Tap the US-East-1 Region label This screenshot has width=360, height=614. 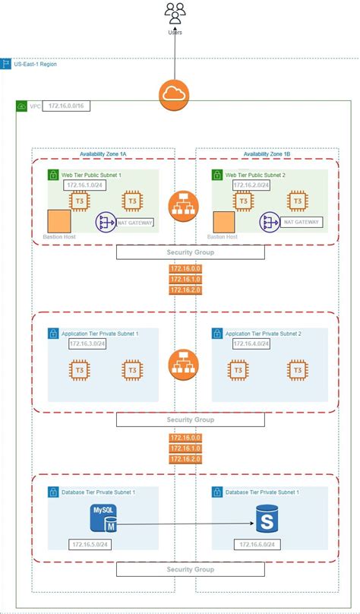[x=35, y=64]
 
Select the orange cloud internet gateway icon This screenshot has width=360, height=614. [x=175, y=95]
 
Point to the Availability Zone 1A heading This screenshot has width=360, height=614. [x=103, y=153]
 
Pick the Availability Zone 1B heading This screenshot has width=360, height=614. [x=266, y=153]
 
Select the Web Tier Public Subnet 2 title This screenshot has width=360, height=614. [x=255, y=175]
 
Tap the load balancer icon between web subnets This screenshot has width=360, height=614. [x=182, y=204]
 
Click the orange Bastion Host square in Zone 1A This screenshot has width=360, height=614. [x=58, y=220]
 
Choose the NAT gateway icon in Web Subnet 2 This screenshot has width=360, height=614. [x=271, y=223]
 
